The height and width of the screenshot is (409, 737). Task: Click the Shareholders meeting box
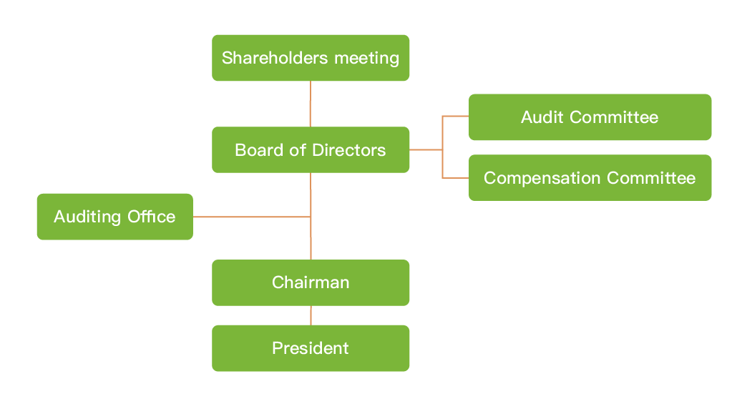311,58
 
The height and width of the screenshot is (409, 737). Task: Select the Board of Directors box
311,150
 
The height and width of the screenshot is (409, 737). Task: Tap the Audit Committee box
590,117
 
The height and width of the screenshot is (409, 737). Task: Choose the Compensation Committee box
590,178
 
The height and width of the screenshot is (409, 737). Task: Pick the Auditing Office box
114,217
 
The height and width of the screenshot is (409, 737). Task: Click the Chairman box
311,282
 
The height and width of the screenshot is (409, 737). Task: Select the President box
311,348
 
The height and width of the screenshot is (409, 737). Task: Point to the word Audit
542,117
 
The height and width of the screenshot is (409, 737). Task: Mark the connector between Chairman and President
311,315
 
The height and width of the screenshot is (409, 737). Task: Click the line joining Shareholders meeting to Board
311,104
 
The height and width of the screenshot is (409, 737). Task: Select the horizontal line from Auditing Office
250,217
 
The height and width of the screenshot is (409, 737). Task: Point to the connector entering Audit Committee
456,116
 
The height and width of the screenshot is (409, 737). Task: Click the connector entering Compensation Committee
456,177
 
